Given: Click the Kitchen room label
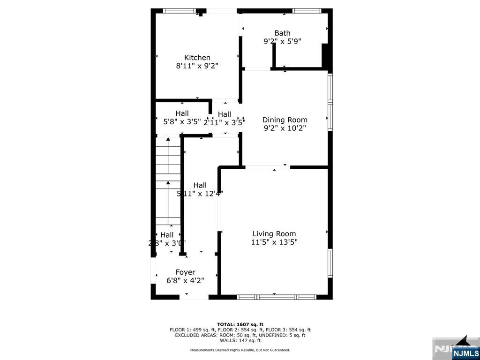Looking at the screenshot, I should click(x=197, y=58).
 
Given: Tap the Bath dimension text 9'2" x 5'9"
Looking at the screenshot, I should click(x=282, y=41).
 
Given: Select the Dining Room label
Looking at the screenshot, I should click(x=285, y=120).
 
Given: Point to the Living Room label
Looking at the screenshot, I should click(x=274, y=234).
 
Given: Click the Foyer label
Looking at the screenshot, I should click(x=185, y=272).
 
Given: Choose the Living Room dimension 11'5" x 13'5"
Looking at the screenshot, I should click(x=274, y=242).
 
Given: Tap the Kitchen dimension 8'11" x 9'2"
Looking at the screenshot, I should click(x=197, y=66).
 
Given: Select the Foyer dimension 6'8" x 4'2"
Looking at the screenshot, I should click(x=185, y=281).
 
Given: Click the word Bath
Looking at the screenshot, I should click(x=282, y=33).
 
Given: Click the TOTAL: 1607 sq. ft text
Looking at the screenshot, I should click(x=240, y=324).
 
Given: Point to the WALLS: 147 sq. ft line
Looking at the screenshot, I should click(x=240, y=341).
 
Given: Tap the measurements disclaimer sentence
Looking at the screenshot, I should click(x=240, y=350).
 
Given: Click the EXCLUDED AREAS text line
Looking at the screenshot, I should click(x=240, y=335).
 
